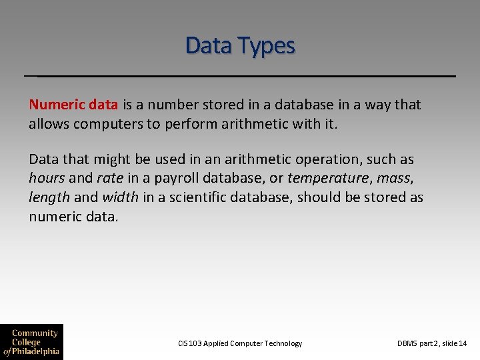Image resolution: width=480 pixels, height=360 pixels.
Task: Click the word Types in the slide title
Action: coord(269,46)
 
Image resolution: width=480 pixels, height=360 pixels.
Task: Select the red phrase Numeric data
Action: coord(73,105)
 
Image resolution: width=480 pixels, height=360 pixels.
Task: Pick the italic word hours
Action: coord(47,179)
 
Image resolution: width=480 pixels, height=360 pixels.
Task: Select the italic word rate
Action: coord(109,179)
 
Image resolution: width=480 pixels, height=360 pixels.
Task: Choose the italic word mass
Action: coord(393,179)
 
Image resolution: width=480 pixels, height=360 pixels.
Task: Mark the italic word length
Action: coord(49,198)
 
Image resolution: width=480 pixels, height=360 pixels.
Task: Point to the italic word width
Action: coord(120,198)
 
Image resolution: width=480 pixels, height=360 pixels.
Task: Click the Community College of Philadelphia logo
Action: coord(31,342)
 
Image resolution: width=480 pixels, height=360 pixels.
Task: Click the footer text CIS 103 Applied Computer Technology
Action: coord(240,343)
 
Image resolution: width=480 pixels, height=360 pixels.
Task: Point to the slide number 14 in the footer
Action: coord(463,343)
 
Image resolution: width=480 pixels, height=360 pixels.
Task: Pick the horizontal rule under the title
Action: coord(240,76)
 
